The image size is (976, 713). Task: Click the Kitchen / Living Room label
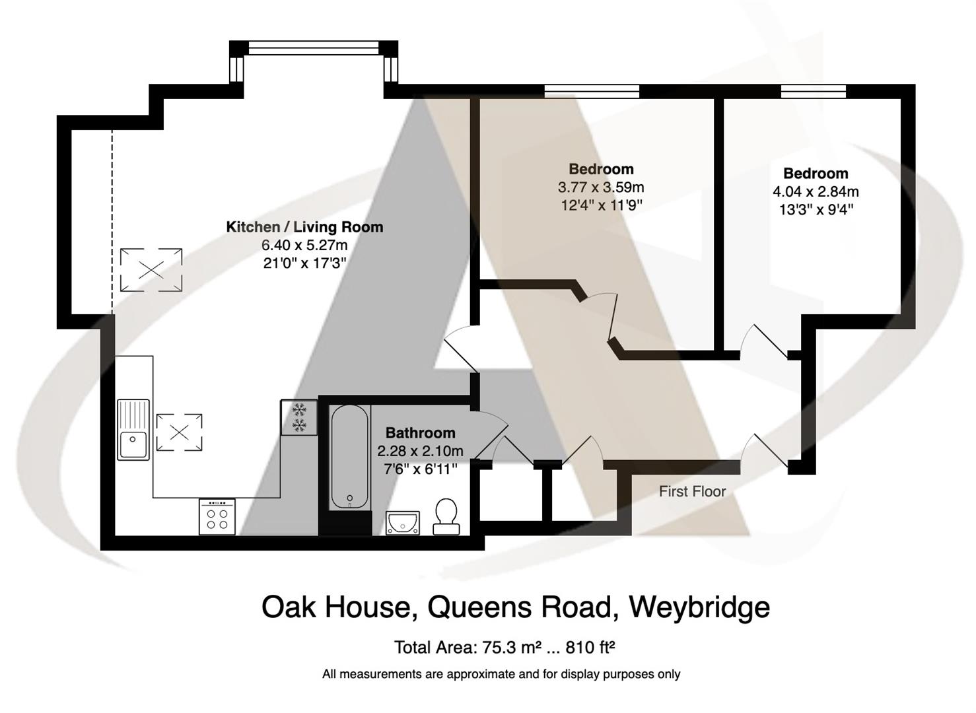(x=304, y=227)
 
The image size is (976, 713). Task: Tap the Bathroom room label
(x=420, y=433)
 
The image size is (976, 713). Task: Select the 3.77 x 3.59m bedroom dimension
(x=600, y=187)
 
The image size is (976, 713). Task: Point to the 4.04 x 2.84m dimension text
(x=816, y=192)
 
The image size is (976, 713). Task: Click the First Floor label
(x=692, y=491)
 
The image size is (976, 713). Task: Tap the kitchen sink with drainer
(x=134, y=429)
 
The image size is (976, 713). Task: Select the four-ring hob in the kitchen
(x=217, y=516)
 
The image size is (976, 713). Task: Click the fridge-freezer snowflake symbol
(x=298, y=417)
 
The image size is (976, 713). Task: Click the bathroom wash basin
(x=403, y=522)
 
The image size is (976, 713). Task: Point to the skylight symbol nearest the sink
(x=178, y=432)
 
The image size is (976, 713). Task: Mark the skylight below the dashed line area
(x=151, y=269)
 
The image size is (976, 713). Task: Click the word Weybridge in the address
(x=699, y=607)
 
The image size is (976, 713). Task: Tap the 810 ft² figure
(x=590, y=647)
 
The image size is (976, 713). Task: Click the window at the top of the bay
(x=314, y=48)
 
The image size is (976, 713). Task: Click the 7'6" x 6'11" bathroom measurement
(x=420, y=469)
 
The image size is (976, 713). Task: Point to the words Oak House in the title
(x=336, y=607)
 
